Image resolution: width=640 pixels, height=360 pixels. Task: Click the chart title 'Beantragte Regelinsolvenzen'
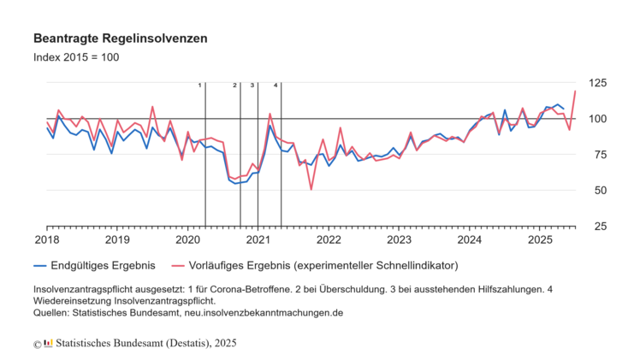120,39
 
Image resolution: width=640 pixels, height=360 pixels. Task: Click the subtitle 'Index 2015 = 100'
76,57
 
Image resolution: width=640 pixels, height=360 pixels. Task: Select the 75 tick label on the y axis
597,155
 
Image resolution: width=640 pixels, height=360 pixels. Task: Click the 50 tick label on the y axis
597,191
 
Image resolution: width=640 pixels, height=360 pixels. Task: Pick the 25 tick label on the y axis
597,227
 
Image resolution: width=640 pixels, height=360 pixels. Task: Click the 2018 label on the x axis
47,240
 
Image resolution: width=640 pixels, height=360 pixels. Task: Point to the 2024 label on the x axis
469,240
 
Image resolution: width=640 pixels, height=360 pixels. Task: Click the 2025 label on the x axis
539,240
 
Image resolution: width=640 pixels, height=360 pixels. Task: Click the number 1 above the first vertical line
199,86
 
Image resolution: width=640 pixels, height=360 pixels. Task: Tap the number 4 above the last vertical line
276,86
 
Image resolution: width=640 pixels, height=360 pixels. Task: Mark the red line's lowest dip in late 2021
311,189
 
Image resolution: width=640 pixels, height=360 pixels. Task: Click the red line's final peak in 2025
575,91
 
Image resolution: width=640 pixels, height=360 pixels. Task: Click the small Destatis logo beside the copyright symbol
48,344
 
